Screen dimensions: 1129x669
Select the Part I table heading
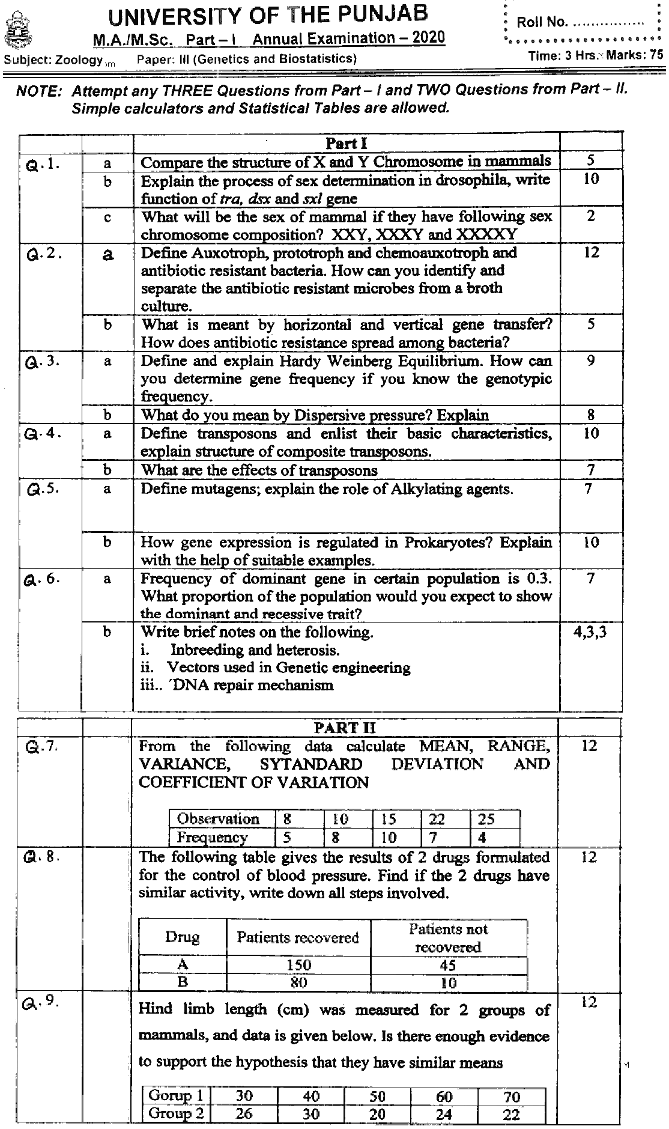(x=346, y=143)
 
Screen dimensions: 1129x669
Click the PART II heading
(x=345, y=728)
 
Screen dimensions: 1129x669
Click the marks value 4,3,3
(x=590, y=632)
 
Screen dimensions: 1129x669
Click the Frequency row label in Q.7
(x=212, y=837)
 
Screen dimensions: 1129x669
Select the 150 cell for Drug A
(x=298, y=965)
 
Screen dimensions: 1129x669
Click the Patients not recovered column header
(x=448, y=938)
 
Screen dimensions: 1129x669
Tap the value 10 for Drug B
(x=448, y=983)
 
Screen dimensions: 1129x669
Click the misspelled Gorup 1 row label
(x=175, y=1095)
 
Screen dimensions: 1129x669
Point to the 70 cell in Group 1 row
(x=512, y=1097)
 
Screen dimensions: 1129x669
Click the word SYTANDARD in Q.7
(x=310, y=764)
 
